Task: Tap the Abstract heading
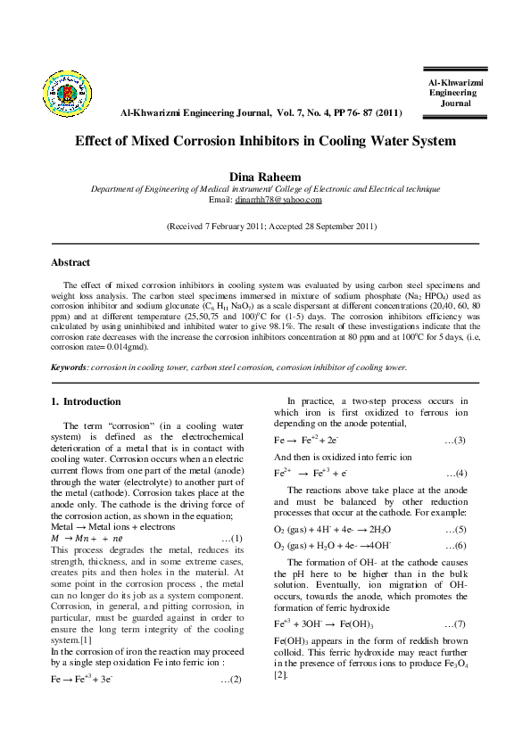pyautogui.click(x=71, y=262)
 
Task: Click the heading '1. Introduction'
pyautogui.click(x=87, y=401)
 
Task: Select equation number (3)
pyautogui.click(x=454, y=441)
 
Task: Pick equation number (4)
pyautogui.click(x=454, y=473)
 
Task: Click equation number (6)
pyautogui.click(x=454, y=545)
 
